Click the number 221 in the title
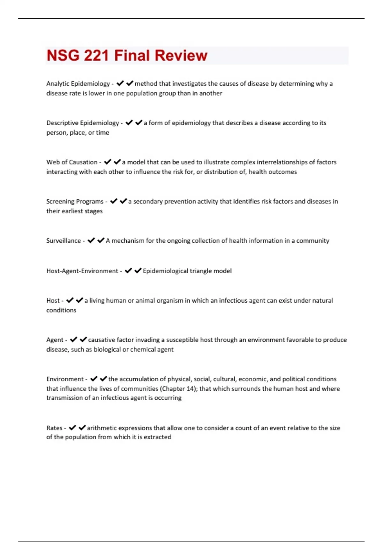(96, 55)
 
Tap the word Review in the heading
(181, 55)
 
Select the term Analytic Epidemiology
(78, 84)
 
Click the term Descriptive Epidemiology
(83, 123)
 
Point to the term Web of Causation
(72, 162)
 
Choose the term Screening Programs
(75, 201)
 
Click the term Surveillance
(64, 240)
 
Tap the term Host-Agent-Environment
(82, 271)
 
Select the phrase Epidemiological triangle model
(187, 271)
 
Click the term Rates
(54, 428)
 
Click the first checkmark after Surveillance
(91, 240)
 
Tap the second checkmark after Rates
(82, 428)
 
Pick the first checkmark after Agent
(73, 340)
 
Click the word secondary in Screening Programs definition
(147, 201)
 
